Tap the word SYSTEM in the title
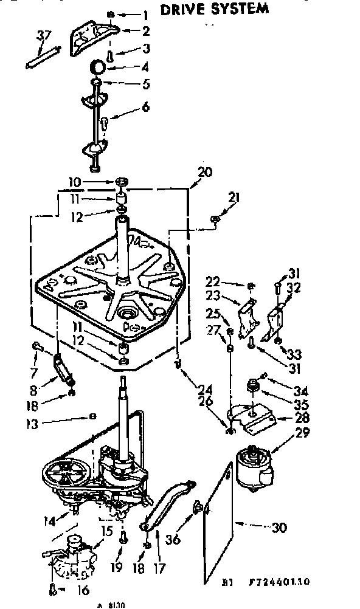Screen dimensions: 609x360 point(240,9)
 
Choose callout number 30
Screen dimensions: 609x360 point(279,528)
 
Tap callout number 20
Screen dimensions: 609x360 point(204,172)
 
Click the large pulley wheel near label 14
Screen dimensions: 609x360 point(66,474)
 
